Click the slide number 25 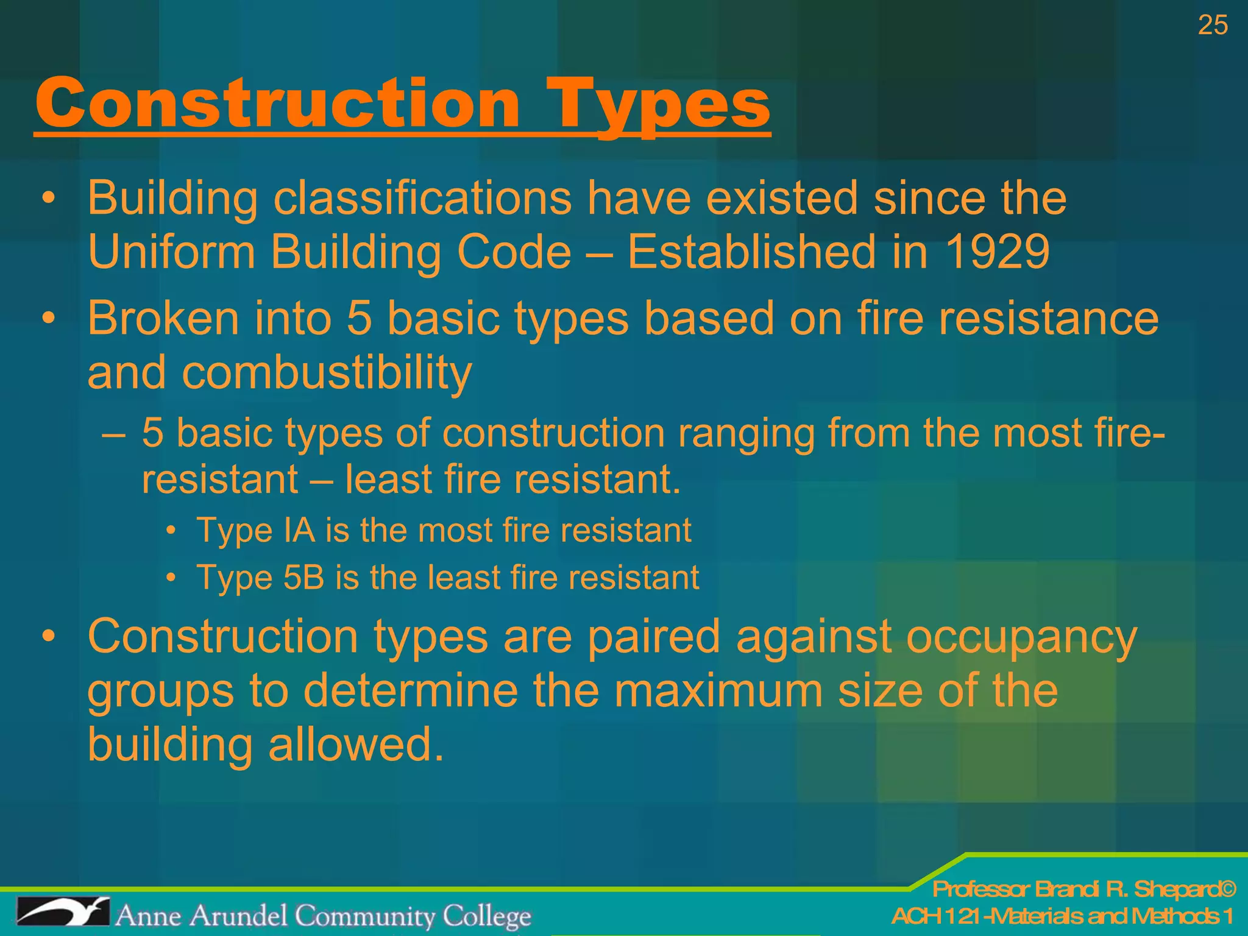[1212, 26]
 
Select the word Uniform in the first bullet [171, 252]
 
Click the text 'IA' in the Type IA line [299, 530]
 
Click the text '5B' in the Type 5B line [303, 577]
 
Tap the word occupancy [1021, 637]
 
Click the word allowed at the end [356, 744]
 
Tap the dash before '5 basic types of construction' [113, 434]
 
